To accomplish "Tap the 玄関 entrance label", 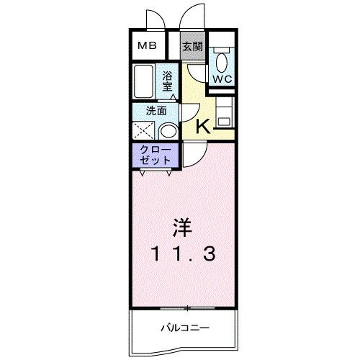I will [x=192, y=48].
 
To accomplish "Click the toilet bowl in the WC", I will [x=220, y=58].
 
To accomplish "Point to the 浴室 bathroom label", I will [x=167, y=81].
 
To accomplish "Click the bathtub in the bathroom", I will [x=143, y=82].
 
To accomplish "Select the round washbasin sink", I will [x=168, y=130].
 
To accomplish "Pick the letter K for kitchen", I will [x=203, y=127].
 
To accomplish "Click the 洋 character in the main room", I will [x=181, y=229].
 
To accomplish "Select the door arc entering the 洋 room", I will [x=193, y=153].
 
